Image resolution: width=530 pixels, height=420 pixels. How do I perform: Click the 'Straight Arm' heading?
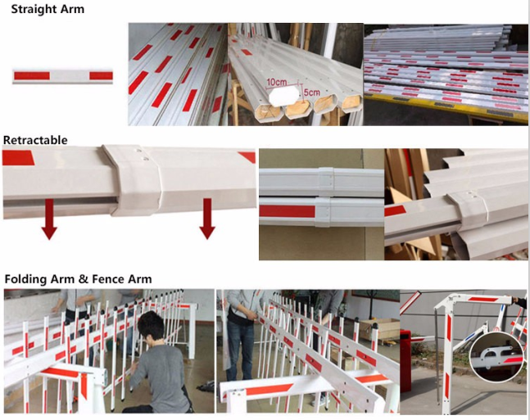(x=48, y=9)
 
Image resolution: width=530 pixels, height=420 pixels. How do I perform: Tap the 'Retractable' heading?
(x=35, y=140)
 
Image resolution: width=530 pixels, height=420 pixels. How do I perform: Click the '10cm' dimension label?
(x=277, y=82)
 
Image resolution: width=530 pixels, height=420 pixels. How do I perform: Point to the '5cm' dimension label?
(x=311, y=93)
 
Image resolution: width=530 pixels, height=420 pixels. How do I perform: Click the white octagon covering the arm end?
(x=283, y=97)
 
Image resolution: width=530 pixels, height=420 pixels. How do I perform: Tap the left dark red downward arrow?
(x=49, y=219)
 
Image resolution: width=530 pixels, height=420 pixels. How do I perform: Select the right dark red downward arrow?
(x=207, y=219)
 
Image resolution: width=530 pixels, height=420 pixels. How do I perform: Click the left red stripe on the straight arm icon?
(x=32, y=75)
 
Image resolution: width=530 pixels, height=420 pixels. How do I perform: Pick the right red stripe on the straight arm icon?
(x=101, y=75)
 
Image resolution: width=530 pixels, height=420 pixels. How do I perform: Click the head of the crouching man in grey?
(x=151, y=326)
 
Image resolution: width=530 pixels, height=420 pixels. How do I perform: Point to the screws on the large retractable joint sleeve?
(x=142, y=154)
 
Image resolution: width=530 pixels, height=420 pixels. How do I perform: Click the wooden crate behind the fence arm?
(x=379, y=329)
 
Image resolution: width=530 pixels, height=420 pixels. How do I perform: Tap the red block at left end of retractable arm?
(x=18, y=158)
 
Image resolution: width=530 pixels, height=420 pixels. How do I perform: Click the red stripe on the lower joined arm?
(x=287, y=211)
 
